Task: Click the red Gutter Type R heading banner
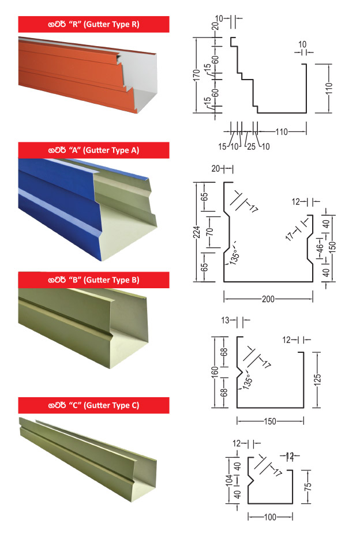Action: pyautogui.click(x=93, y=24)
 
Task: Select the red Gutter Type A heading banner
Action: pyautogui.click(x=93, y=150)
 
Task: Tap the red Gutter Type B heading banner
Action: pyautogui.click(x=93, y=280)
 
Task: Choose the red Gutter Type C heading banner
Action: pyautogui.click(x=93, y=405)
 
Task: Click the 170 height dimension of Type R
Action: pyautogui.click(x=196, y=75)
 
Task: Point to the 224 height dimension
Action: pyautogui.click(x=196, y=232)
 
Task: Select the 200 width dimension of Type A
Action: pyautogui.click(x=268, y=299)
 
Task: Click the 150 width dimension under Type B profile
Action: pyautogui.click(x=270, y=421)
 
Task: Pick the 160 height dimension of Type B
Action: pyautogui.click(x=215, y=372)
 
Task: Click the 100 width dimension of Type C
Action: pyautogui.click(x=270, y=517)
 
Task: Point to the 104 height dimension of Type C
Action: pyautogui.click(x=230, y=480)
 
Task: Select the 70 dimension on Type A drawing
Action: pyautogui.click(x=211, y=232)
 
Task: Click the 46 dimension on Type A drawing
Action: pyautogui.click(x=320, y=246)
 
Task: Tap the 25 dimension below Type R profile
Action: pyautogui.click(x=251, y=146)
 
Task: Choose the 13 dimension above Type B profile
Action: pyautogui.click(x=225, y=321)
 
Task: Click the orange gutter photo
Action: pyautogui.click(x=88, y=75)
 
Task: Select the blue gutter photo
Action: pyautogui.click(x=88, y=210)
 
